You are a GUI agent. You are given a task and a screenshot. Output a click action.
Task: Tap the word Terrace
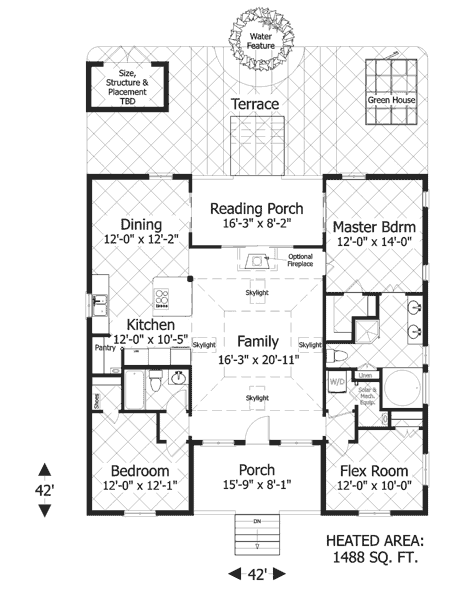255,104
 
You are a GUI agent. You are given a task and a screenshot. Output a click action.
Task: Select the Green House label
391,101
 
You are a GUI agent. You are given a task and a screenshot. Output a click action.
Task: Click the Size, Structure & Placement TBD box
127,83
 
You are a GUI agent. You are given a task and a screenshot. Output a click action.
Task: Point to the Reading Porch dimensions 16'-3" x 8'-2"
256,225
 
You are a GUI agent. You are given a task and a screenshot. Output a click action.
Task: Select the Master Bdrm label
374,226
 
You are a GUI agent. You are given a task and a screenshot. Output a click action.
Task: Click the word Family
256,341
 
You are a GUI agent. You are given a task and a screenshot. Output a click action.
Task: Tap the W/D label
337,380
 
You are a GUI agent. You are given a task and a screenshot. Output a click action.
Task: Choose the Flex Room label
373,470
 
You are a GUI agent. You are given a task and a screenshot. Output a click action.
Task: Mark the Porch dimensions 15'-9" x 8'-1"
256,486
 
